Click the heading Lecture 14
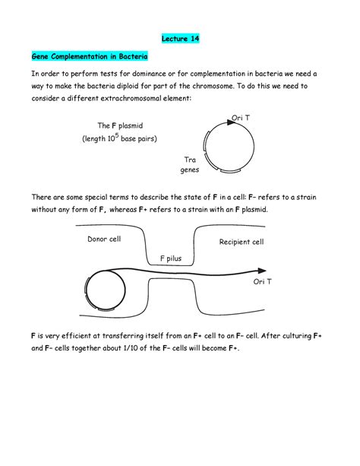point(179,38)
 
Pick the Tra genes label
point(190,165)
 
